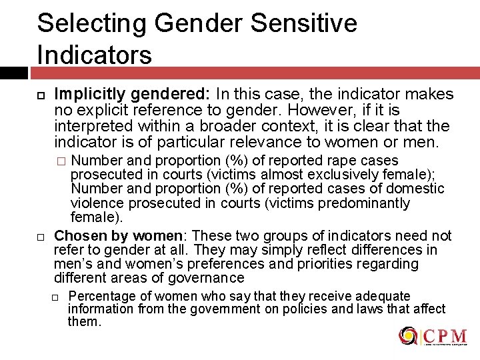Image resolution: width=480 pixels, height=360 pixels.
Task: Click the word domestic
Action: click(417, 189)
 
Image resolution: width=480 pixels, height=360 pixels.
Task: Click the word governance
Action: click(205, 278)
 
